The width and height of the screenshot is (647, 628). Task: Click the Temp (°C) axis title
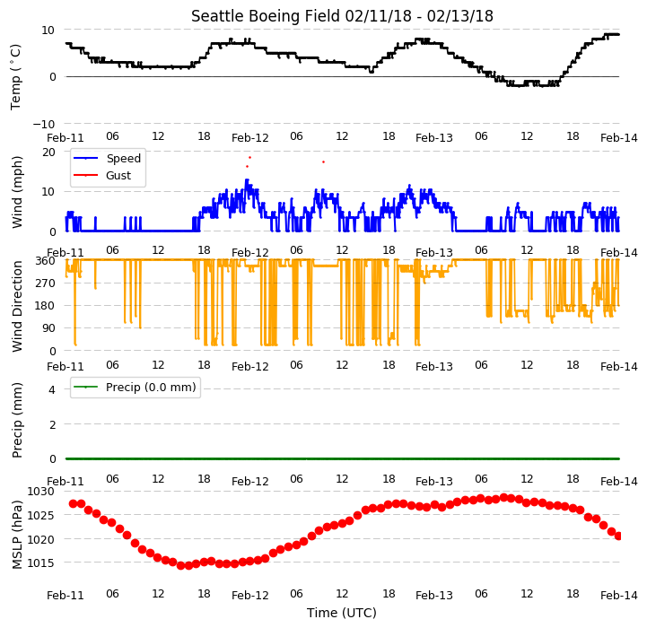click(x=15, y=77)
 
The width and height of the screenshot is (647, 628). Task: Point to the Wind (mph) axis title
click(x=17, y=192)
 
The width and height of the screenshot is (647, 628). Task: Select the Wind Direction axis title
click(x=17, y=306)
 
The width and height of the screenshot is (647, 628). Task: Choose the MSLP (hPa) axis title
click(x=17, y=535)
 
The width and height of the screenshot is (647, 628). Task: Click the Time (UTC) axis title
click(x=342, y=613)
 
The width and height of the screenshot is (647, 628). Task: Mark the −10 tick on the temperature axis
click(x=43, y=124)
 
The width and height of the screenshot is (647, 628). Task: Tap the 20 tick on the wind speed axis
click(x=48, y=153)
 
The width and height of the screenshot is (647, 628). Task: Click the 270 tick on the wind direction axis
click(x=46, y=283)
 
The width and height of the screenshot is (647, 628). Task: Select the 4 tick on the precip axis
click(x=52, y=389)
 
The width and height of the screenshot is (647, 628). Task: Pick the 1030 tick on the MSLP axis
click(x=41, y=492)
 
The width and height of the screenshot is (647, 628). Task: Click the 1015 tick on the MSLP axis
click(x=41, y=563)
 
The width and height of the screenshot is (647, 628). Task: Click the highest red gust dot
click(x=249, y=158)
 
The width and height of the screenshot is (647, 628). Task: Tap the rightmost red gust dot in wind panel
click(x=323, y=162)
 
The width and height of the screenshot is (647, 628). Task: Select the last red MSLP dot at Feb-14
click(x=618, y=536)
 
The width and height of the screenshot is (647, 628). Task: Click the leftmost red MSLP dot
click(x=73, y=504)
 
